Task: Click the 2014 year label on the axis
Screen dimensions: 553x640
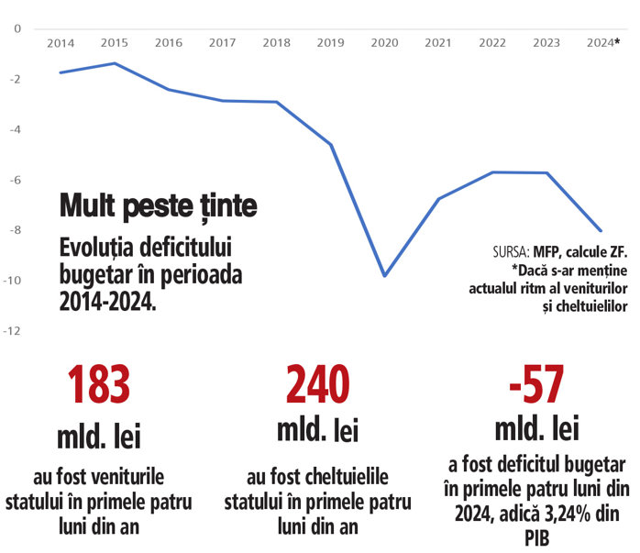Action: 61,43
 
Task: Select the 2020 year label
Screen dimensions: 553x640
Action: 384,43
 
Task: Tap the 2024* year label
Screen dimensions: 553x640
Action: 602,43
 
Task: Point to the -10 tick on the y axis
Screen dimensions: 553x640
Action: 14,281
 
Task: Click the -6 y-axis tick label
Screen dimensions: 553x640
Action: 14,180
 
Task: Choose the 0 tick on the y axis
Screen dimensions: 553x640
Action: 17,28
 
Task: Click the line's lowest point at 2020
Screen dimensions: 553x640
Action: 384,276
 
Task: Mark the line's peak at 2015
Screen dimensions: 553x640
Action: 115,63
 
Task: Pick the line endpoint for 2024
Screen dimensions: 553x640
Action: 601,231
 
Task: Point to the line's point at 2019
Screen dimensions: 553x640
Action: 331,144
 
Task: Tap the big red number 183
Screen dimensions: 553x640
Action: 99,386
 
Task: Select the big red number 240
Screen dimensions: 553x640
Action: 317,386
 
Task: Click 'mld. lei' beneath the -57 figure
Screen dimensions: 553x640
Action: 536,428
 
